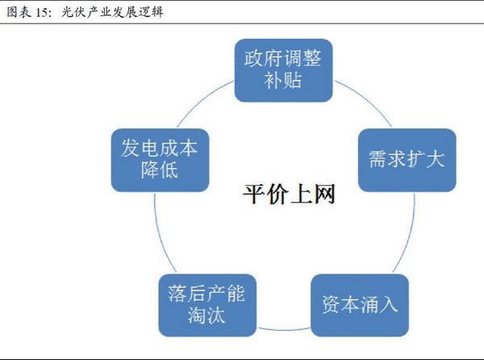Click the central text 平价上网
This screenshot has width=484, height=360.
click(288, 195)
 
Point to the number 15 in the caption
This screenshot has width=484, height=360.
click(37, 12)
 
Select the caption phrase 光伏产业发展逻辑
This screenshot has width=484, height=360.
click(111, 12)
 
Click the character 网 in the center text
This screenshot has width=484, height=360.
click(323, 195)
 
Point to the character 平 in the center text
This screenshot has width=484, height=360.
click(253, 195)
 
